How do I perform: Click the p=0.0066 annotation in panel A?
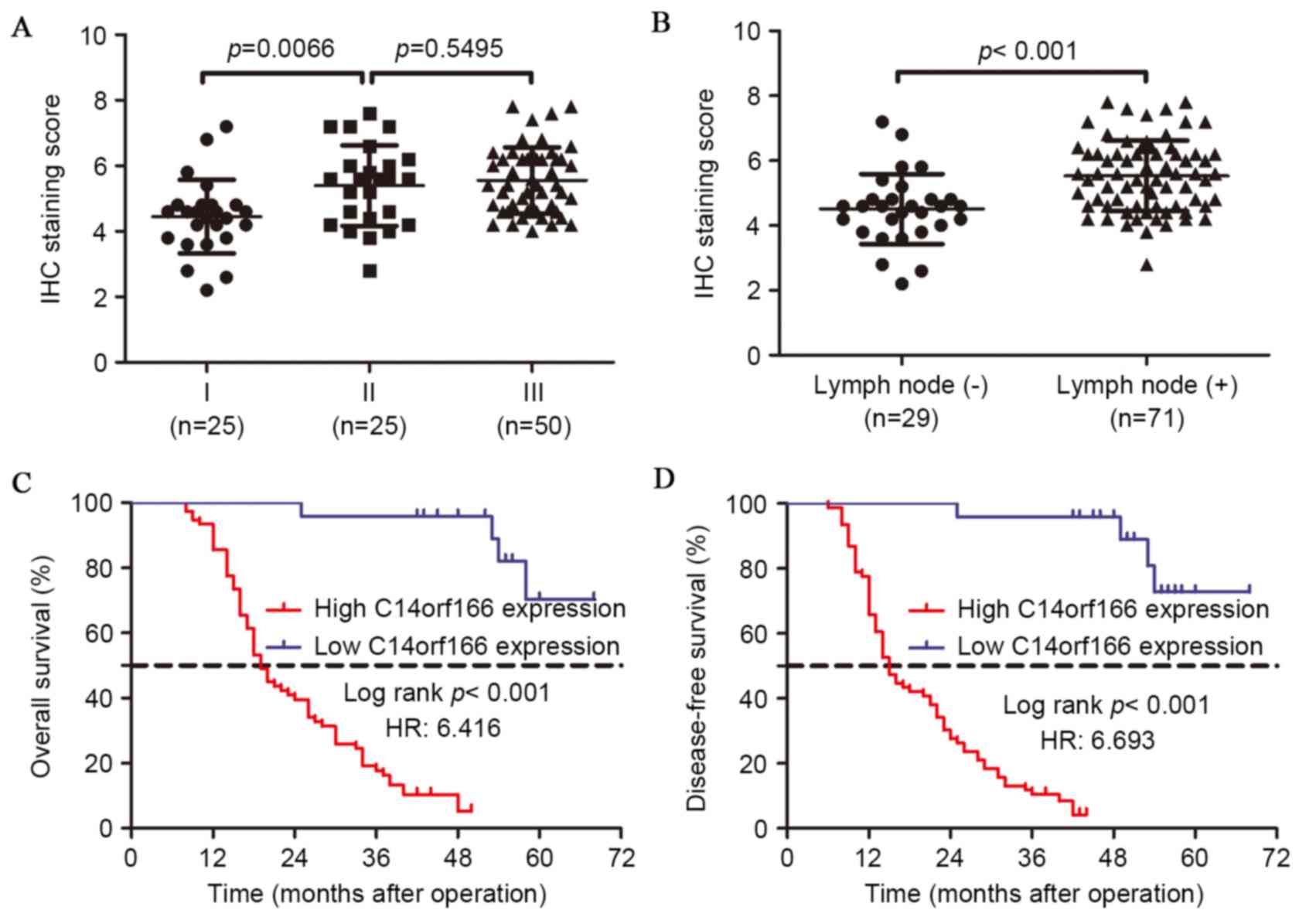click(281, 49)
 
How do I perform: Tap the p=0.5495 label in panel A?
click(449, 49)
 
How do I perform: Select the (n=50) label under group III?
click(534, 426)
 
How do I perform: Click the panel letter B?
click(661, 24)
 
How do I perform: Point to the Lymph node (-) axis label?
click(900, 385)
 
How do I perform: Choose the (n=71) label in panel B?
click(1147, 418)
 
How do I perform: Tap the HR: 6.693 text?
click(1097, 740)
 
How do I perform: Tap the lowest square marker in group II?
click(370, 271)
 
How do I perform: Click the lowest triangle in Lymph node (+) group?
click(1147, 265)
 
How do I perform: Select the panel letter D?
click(663, 480)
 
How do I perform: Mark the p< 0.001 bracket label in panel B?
click(1027, 51)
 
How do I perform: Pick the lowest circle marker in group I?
click(207, 290)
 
